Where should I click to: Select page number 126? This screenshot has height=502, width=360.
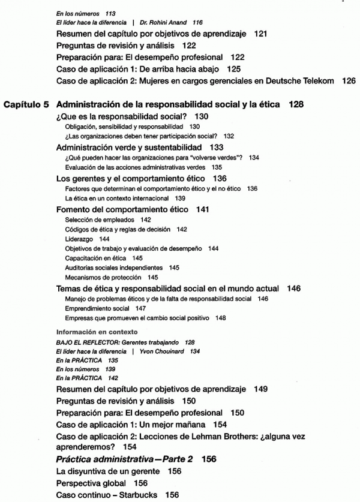(348, 80)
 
